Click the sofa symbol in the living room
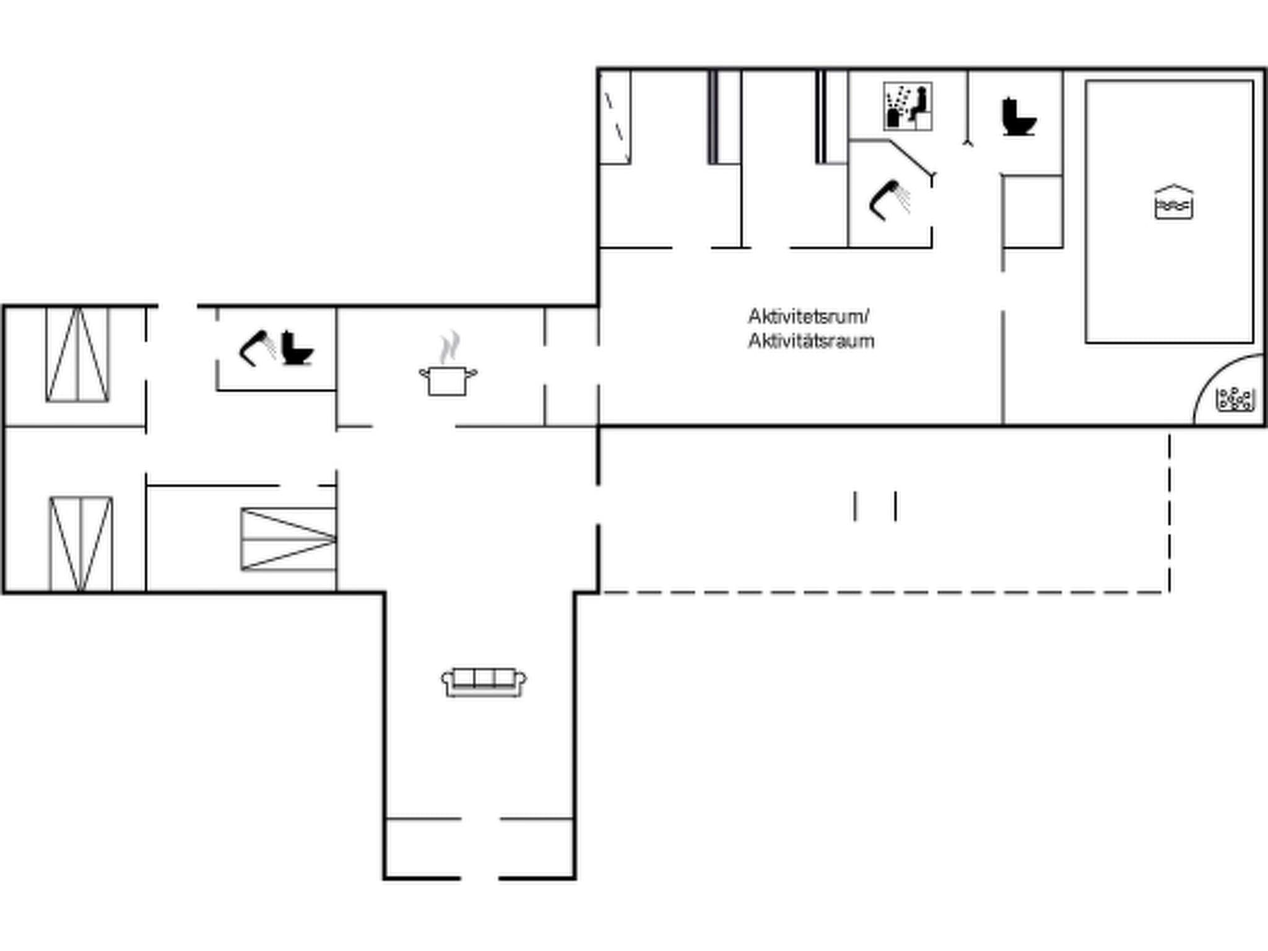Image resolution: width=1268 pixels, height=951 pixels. coord(484,682)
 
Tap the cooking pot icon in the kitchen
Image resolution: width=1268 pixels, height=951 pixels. coord(448,380)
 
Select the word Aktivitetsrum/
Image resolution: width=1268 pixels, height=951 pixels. coord(808,316)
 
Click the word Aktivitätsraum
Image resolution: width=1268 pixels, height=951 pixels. coord(811,341)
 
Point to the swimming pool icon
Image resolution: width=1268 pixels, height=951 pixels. coord(1174,202)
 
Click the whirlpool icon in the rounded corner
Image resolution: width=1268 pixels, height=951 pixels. coord(1235,399)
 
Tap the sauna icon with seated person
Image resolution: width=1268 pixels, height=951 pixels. coord(908,106)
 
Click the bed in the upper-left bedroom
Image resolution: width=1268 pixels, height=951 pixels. coord(77,355)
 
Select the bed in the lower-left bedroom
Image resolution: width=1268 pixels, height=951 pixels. coord(81,544)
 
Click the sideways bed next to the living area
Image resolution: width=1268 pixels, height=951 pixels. coord(289,539)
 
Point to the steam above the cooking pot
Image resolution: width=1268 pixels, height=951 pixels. coord(450,347)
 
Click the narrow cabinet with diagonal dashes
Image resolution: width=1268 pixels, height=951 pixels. coord(615,118)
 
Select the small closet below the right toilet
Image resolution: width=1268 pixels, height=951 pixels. coord(1033,212)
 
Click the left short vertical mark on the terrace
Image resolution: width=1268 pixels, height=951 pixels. coord(855,506)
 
